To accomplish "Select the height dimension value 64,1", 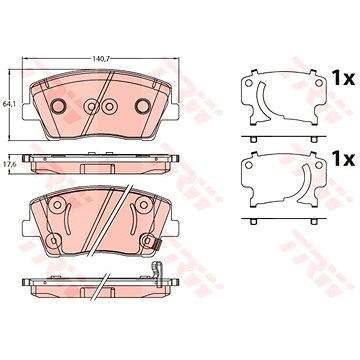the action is point(8,104).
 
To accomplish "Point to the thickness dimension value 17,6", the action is point(8,163).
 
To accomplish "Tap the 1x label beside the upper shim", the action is point(343,79).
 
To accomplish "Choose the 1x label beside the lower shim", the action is point(343,160).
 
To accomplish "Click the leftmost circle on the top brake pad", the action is point(58,106).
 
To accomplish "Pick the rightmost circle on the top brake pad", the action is point(143,106).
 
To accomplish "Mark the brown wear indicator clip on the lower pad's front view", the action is point(157,244).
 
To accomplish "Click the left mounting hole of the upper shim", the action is point(249,83).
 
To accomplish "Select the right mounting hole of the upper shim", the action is point(319,83).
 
